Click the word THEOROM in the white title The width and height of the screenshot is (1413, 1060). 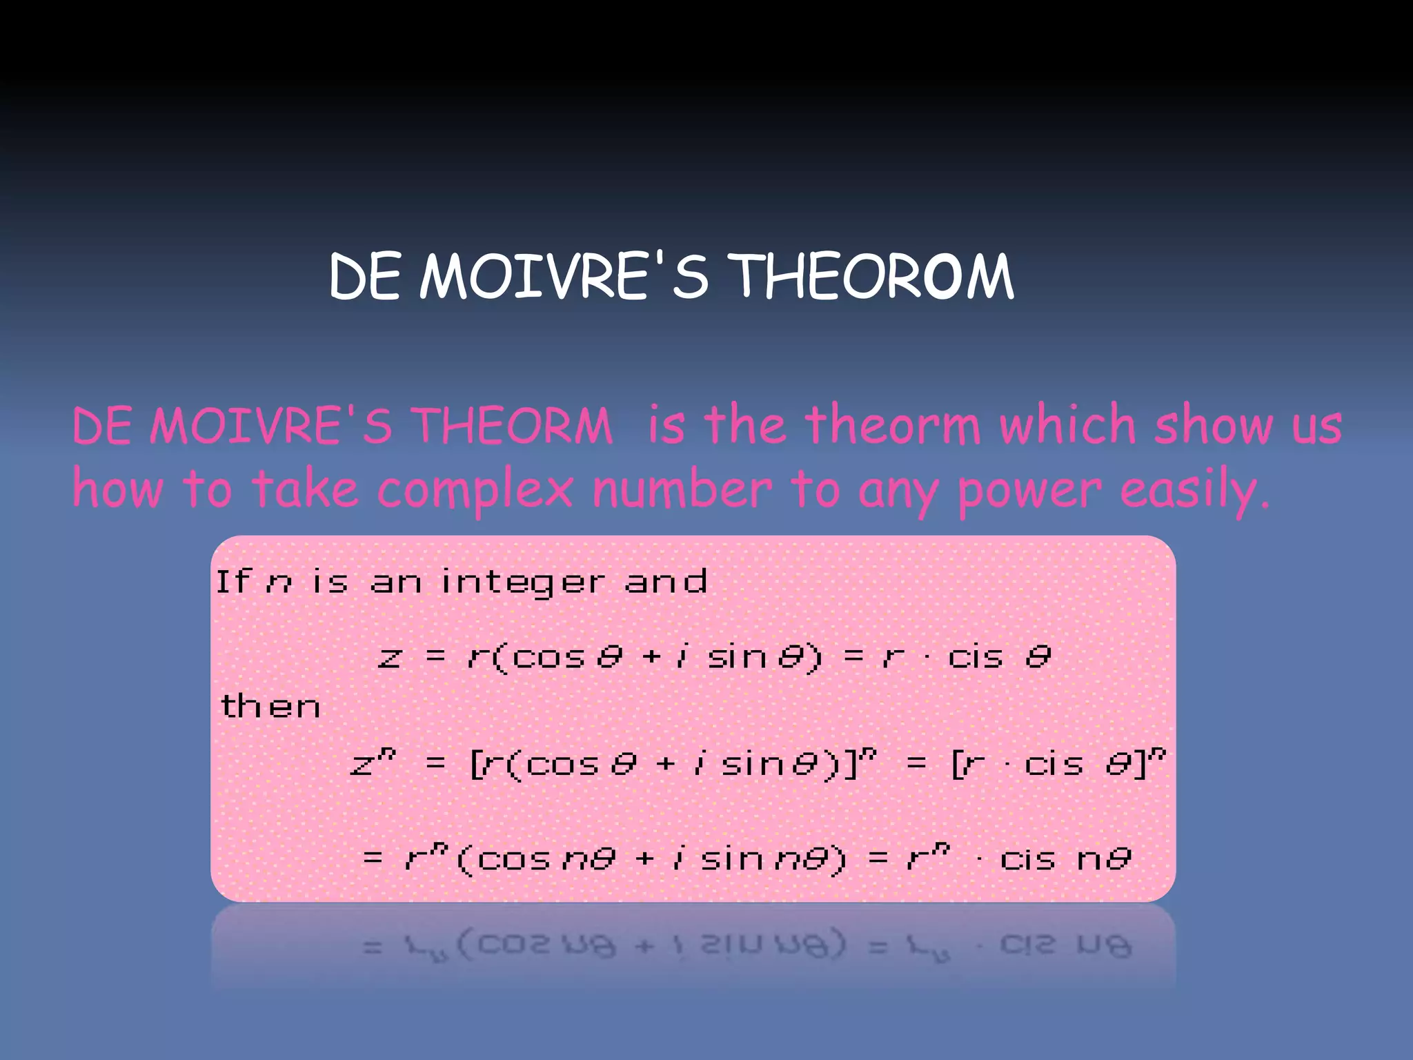click(872, 276)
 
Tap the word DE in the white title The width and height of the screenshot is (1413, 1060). click(364, 276)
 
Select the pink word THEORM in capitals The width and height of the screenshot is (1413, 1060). click(512, 425)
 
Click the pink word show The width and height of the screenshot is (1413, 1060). click(1214, 425)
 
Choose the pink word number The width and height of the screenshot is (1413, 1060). click(682, 489)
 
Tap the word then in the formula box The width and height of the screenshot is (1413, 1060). click(270, 706)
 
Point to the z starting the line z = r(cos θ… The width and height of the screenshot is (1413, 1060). click(390, 656)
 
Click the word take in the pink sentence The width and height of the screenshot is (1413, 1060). click(305, 489)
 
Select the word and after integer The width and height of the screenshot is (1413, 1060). click(666, 582)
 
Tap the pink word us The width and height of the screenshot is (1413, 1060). click(1316, 426)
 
